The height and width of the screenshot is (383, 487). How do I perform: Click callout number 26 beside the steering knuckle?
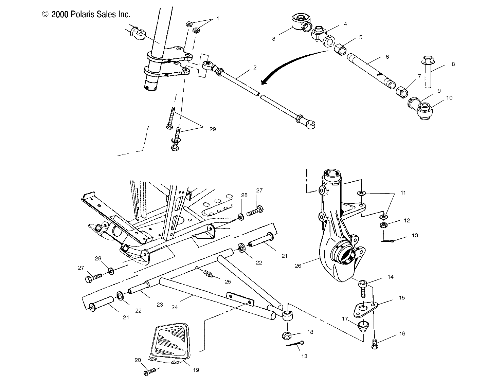pos(298,266)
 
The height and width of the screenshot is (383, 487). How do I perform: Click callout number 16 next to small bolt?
pos(402,334)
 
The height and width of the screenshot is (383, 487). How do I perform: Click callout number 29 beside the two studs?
pos(212,129)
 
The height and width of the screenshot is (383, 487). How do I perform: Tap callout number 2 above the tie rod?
pos(255,68)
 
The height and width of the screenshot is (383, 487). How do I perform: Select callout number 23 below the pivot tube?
pos(160,305)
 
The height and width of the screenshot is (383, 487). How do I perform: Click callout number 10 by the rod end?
pos(449,97)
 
